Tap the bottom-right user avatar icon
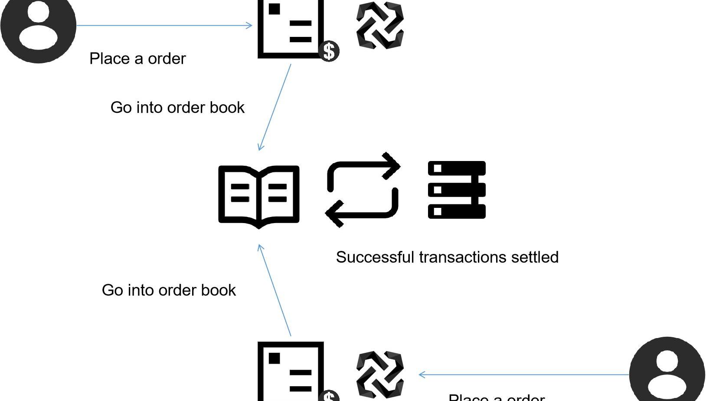click(667, 371)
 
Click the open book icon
click(259, 196)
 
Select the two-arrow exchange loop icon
click(363, 190)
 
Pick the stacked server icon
click(457, 190)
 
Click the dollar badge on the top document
click(329, 51)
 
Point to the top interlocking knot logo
click(380, 25)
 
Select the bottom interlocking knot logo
click(380, 374)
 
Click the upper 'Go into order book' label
click(177, 108)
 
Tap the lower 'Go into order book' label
click(169, 290)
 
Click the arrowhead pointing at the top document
click(249, 25)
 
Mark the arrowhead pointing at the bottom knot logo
click(422, 374)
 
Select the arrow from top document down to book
click(275, 107)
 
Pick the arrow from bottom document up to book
click(275, 290)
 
